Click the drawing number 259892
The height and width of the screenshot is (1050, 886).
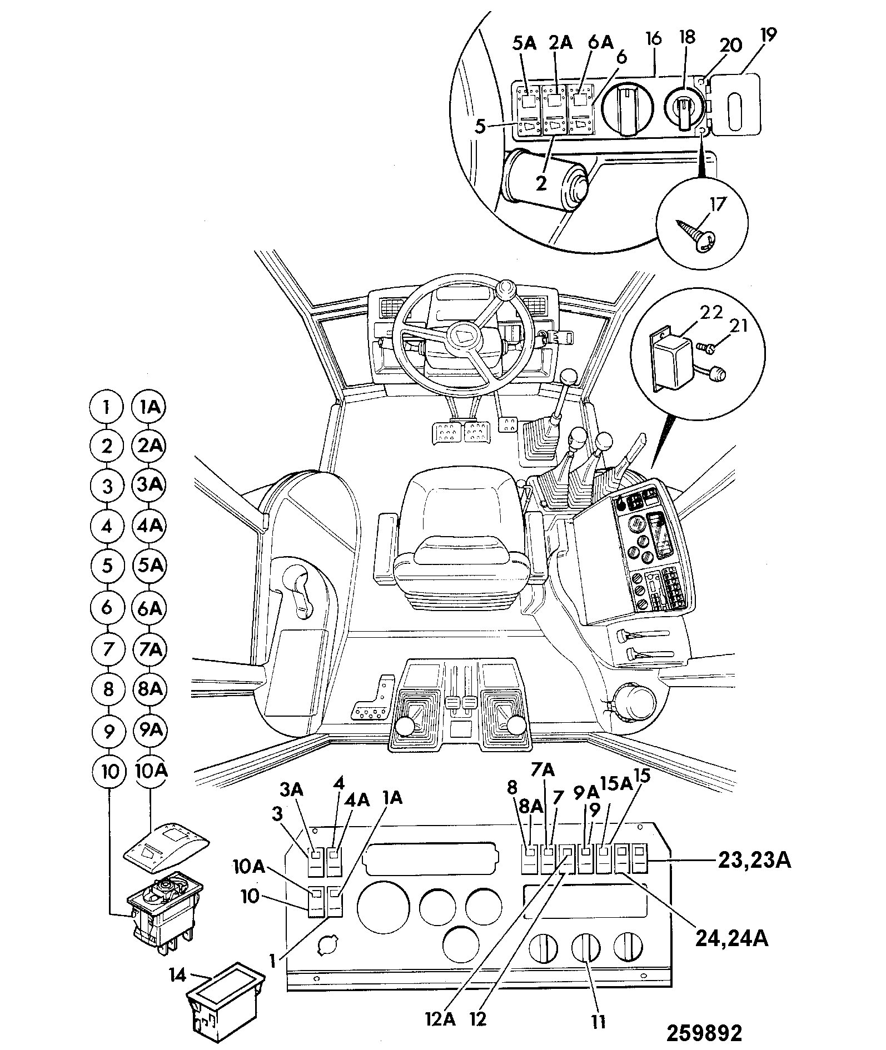pyautogui.click(x=704, y=1033)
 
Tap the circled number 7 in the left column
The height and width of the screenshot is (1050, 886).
pyautogui.click(x=108, y=649)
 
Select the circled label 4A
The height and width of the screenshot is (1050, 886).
pyautogui.click(x=148, y=525)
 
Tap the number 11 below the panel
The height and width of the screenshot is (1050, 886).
pyautogui.click(x=598, y=1021)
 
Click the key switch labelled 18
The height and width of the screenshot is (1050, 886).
pyautogui.click(x=684, y=107)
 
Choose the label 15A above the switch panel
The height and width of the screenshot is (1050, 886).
pyautogui.click(x=617, y=784)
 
